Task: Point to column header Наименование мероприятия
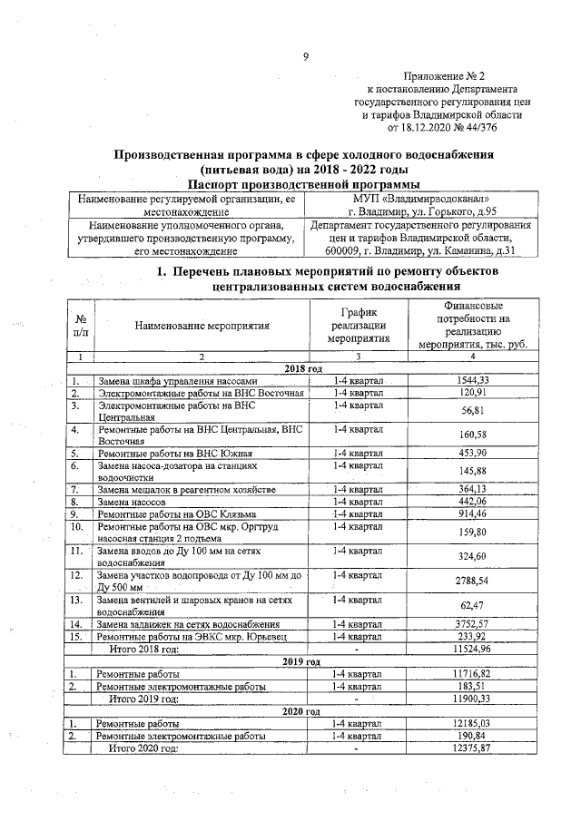(x=192, y=325)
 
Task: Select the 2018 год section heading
(x=304, y=368)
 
